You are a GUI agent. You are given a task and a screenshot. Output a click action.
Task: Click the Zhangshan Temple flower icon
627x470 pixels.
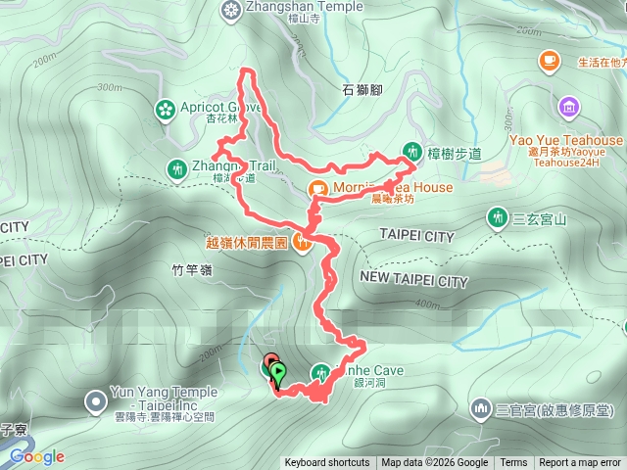230,11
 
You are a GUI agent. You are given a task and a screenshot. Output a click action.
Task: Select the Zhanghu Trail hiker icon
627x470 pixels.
176,168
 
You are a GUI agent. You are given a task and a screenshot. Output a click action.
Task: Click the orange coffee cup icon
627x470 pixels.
547,63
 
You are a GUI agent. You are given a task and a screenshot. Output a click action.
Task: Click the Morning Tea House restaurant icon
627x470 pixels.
318,189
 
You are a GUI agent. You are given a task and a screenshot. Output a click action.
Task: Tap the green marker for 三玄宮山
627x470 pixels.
497,217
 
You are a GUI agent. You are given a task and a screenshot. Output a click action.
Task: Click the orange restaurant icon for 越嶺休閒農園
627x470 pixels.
302,243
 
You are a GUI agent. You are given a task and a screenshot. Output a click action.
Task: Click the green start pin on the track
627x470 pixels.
279,373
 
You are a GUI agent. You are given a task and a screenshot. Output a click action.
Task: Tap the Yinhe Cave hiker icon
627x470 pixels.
320,372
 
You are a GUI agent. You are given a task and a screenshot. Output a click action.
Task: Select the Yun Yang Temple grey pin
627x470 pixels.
95,400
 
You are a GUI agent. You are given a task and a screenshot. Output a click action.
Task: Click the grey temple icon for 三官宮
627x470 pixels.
481,407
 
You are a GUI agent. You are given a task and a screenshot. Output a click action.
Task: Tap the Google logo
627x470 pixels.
37,456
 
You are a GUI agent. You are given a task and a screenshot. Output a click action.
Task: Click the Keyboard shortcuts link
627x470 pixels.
327,463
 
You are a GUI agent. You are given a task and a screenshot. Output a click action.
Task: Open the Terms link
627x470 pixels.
513,463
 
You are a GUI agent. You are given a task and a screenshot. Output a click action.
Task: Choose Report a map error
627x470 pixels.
581,463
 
